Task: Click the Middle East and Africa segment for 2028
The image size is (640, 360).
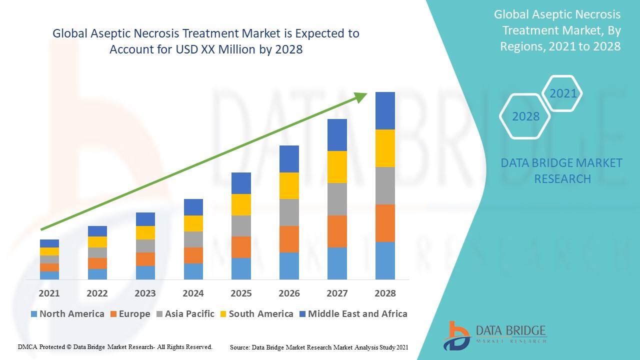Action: (x=385, y=110)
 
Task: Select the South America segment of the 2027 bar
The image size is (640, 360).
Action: (x=337, y=167)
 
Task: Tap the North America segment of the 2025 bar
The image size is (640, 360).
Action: (x=241, y=268)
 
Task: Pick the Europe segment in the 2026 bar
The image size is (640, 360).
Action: (x=289, y=239)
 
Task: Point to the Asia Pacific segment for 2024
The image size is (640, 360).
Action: (x=193, y=239)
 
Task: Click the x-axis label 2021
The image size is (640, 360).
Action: (x=49, y=293)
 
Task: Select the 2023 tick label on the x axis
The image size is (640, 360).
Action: (x=145, y=293)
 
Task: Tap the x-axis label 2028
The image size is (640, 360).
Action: (x=385, y=293)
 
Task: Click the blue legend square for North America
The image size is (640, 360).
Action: (x=34, y=314)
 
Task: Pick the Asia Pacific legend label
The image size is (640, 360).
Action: (x=189, y=314)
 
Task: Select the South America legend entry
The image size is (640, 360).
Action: (x=260, y=314)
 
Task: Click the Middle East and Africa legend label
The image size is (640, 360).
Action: (x=357, y=314)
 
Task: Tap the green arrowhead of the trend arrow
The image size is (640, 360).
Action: (x=361, y=96)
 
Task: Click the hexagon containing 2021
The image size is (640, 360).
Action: (x=562, y=93)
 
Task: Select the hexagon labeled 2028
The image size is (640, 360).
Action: (x=525, y=116)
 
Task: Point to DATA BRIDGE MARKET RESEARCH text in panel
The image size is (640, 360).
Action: (x=561, y=170)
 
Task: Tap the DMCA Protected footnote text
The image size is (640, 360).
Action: (x=115, y=346)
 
